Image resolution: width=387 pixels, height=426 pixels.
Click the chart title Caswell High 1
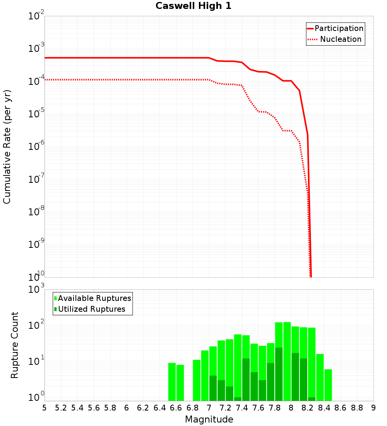193,6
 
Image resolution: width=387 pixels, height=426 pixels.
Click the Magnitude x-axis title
209,419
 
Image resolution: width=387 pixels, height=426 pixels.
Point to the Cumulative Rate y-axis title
7,147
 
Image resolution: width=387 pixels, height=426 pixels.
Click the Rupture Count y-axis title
15,345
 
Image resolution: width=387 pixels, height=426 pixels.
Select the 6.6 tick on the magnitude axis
176,408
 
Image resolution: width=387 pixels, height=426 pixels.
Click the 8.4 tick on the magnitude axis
324,408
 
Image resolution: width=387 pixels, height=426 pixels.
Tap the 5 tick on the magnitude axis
45,408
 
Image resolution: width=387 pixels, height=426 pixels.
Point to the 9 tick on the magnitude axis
373,408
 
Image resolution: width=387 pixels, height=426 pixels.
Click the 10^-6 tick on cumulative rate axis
37,146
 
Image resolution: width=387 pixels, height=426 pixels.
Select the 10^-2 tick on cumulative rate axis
37,16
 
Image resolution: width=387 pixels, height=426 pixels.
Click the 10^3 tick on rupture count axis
37,290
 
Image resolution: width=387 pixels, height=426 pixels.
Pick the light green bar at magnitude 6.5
172,382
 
